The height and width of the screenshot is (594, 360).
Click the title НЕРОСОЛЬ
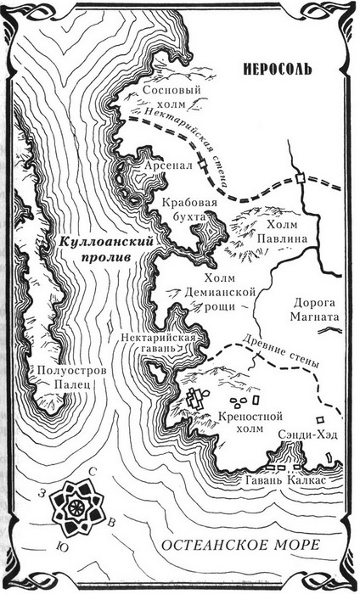(x=277, y=67)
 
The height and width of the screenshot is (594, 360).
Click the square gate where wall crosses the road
(x=301, y=177)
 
